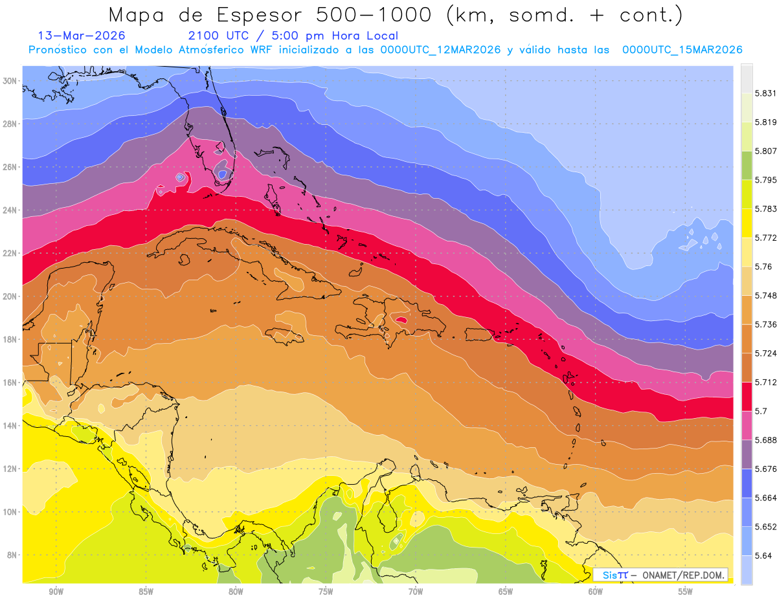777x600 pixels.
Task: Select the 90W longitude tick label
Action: [x=56, y=592]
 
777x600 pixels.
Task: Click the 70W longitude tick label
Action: [x=416, y=592]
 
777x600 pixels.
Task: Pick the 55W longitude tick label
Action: [x=686, y=592]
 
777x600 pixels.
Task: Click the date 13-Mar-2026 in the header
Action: [x=82, y=36]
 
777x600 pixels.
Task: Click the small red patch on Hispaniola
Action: [x=401, y=319]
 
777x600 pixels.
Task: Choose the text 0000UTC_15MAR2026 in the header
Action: [x=682, y=50]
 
